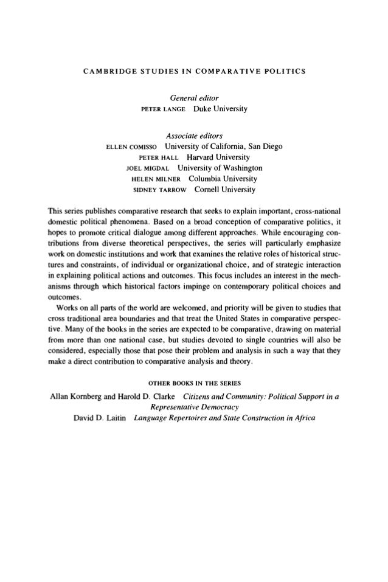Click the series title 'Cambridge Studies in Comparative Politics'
(x=194, y=74)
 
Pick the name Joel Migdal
(x=146, y=168)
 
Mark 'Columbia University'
(x=223, y=179)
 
